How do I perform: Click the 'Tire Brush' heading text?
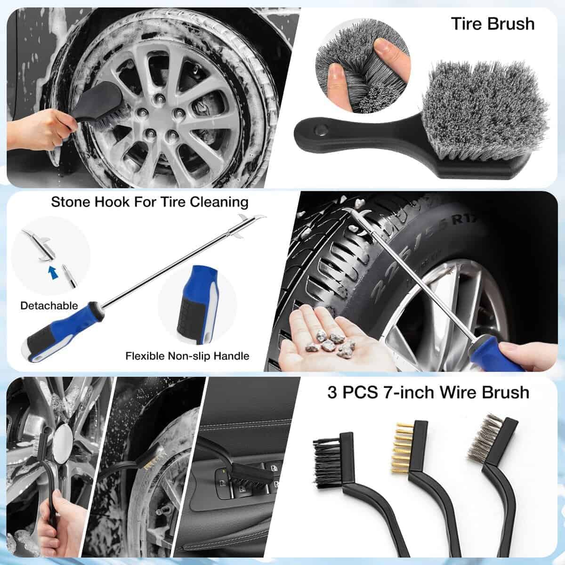coord(492,23)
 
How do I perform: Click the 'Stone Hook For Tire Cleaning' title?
coord(150,202)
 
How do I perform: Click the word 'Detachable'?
coord(49,306)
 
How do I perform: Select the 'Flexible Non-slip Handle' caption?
coord(187,355)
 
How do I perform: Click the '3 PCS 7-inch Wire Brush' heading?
coord(428,392)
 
